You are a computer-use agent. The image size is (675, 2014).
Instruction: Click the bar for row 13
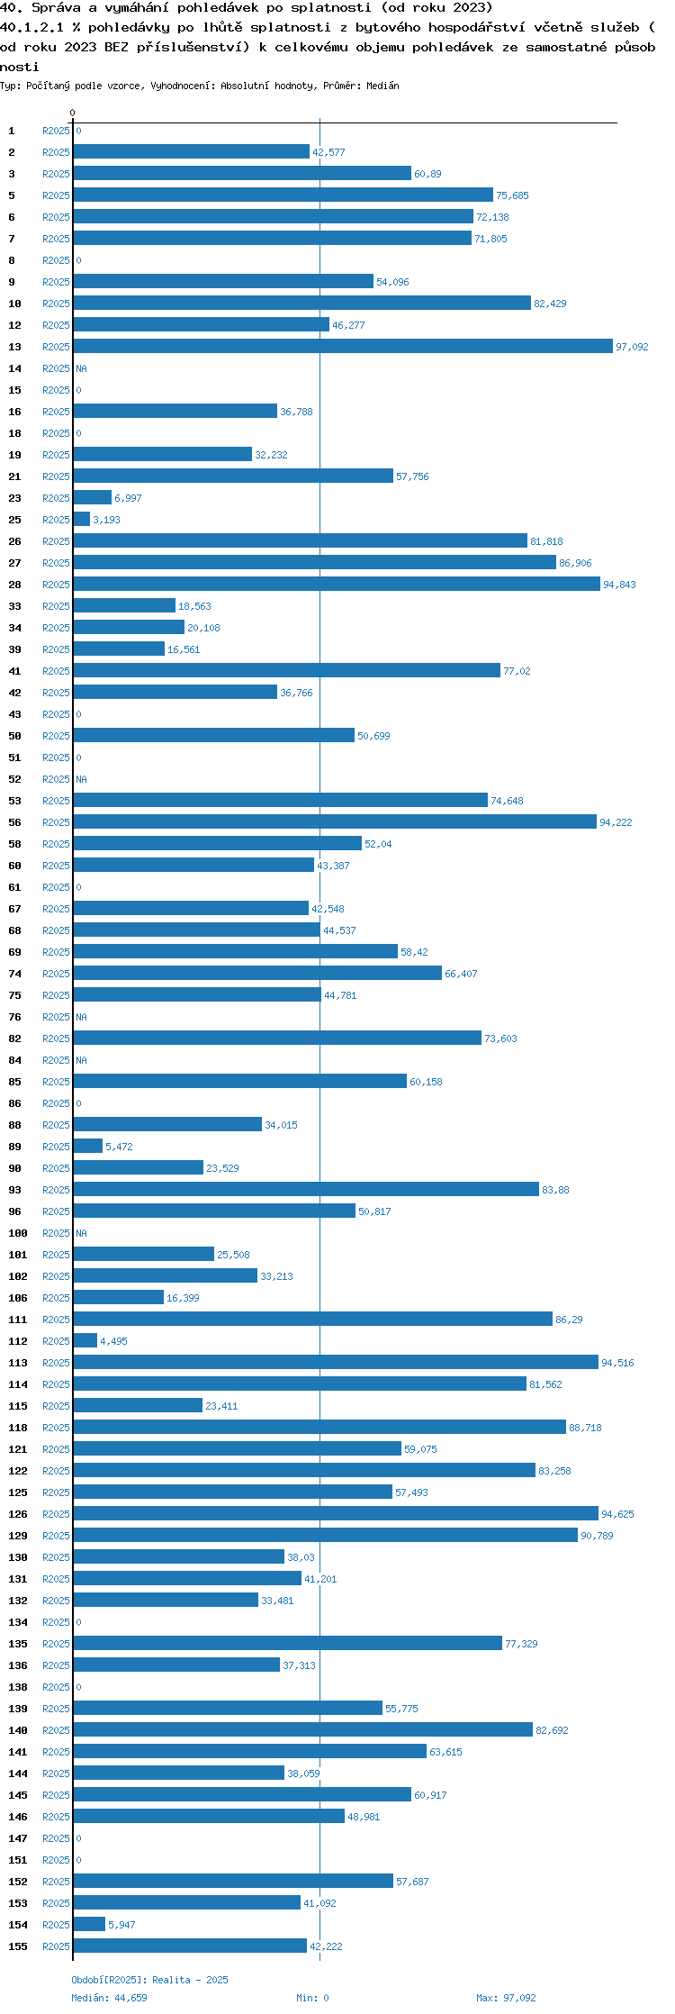(x=343, y=347)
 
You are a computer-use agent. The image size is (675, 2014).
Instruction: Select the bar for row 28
(x=337, y=585)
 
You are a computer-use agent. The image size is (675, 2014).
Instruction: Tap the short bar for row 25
(x=82, y=520)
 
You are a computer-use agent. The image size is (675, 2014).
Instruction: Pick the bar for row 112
(x=85, y=1341)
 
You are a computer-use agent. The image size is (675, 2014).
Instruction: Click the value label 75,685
(x=512, y=195)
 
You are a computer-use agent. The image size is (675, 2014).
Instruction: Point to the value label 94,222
(x=616, y=822)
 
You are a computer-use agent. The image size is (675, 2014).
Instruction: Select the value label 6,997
(x=128, y=498)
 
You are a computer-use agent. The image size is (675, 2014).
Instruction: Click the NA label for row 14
(x=81, y=368)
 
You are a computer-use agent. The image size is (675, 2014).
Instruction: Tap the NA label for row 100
(x=81, y=1233)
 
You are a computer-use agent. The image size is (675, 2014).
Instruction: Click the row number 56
(x=15, y=822)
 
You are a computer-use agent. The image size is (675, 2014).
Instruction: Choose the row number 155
(x=18, y=1946)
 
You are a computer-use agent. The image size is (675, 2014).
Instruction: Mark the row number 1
(x=12, y=131)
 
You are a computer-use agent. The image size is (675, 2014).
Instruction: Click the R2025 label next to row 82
(x=56, y=1039)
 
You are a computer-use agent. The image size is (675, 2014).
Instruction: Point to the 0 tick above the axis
(x=73, y=113)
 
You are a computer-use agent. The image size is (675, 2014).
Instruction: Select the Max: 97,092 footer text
(x=506, y=1998)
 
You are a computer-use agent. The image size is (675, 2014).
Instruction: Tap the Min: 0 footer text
(x=312, y=1998)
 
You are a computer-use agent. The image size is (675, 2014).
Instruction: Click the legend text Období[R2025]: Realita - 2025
(x=149, y=1980)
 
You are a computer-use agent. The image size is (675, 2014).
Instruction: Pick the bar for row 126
(x=336, y=1514)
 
